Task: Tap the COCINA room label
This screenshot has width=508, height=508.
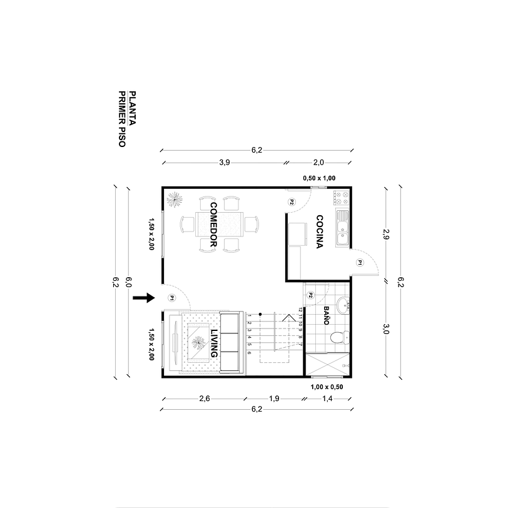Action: (x=319, y=232)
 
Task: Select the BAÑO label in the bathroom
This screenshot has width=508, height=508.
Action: (x=326, y=314)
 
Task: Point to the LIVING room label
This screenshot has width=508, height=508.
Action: (x=214, y=343)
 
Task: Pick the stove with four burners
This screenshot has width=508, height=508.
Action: (x=342, y=199)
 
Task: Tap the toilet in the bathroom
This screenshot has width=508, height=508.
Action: (x=338, y=338)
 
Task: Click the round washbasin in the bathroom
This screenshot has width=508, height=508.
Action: (x=342, y=307)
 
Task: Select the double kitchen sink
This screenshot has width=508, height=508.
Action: (x=342, y=228)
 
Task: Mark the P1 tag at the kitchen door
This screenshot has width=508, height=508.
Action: (x=360, y=263)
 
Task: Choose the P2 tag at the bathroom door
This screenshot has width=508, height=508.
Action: (x=310, y=295)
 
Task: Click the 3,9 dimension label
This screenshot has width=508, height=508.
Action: (x=224, y=163)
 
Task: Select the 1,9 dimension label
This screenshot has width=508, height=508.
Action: (x=273, y=398)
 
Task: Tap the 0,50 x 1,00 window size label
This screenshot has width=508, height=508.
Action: (x=319, y=178)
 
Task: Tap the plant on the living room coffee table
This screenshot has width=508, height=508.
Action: (x=199, y=343)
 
